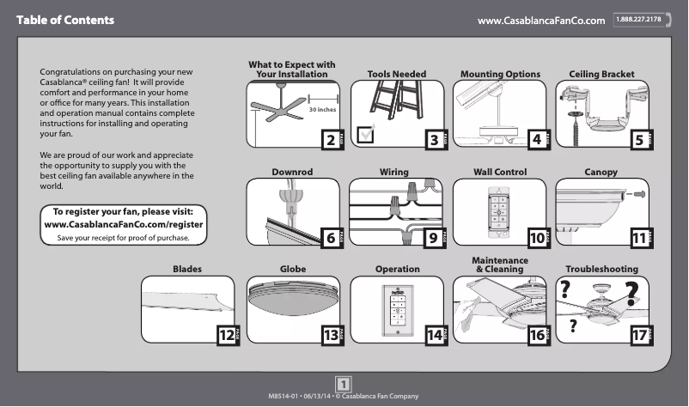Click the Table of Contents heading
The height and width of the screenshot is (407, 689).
click(64, 19)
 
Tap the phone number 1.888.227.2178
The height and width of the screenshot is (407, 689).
click(642, 19)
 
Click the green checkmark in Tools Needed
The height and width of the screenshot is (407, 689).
click(366, 133)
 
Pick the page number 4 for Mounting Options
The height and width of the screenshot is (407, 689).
click(536, 139)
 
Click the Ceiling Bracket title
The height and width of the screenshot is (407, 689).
click(601, 75)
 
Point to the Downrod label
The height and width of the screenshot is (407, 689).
click(292, 173)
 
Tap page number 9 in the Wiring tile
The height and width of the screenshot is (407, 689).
click(432, 237)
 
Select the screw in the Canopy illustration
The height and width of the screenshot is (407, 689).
click(639, 197)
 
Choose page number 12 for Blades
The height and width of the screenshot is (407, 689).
click(226, 335)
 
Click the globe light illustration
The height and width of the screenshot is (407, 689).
click(293, 300)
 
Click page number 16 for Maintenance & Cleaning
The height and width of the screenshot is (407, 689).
click(536, 335)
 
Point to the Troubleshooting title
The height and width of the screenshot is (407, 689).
click(601, 270)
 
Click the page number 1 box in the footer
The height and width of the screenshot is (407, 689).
click(342, 384)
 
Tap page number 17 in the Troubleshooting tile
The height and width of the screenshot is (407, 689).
click(639, 335)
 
